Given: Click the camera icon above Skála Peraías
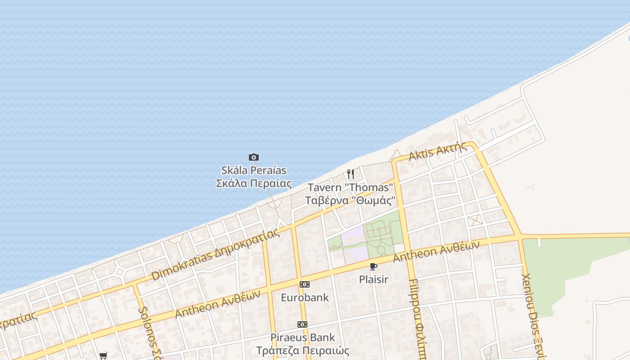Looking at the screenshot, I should click(254, 157).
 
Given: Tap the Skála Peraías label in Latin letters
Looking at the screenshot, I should click(254, 171).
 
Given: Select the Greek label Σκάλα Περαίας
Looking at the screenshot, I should click(254, 184).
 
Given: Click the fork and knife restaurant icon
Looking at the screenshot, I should click(351, 174).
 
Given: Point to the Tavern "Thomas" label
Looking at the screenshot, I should click(350, 187).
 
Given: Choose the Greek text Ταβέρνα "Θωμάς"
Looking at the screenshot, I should click(350, 200).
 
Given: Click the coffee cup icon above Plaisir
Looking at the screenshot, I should click(373, 266).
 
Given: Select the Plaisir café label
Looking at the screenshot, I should click(373, 279).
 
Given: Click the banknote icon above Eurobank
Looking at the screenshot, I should click(305, 284).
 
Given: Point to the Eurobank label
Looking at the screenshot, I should click(305, 297).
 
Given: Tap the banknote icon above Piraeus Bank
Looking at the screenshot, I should click(302, 324).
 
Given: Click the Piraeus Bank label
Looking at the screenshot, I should click(302, 337).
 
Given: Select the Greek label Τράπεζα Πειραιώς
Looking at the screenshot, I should click(302, 350).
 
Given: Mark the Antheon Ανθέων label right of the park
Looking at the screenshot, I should click(436, 252).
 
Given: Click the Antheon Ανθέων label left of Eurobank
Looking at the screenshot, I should click(218, 304).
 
